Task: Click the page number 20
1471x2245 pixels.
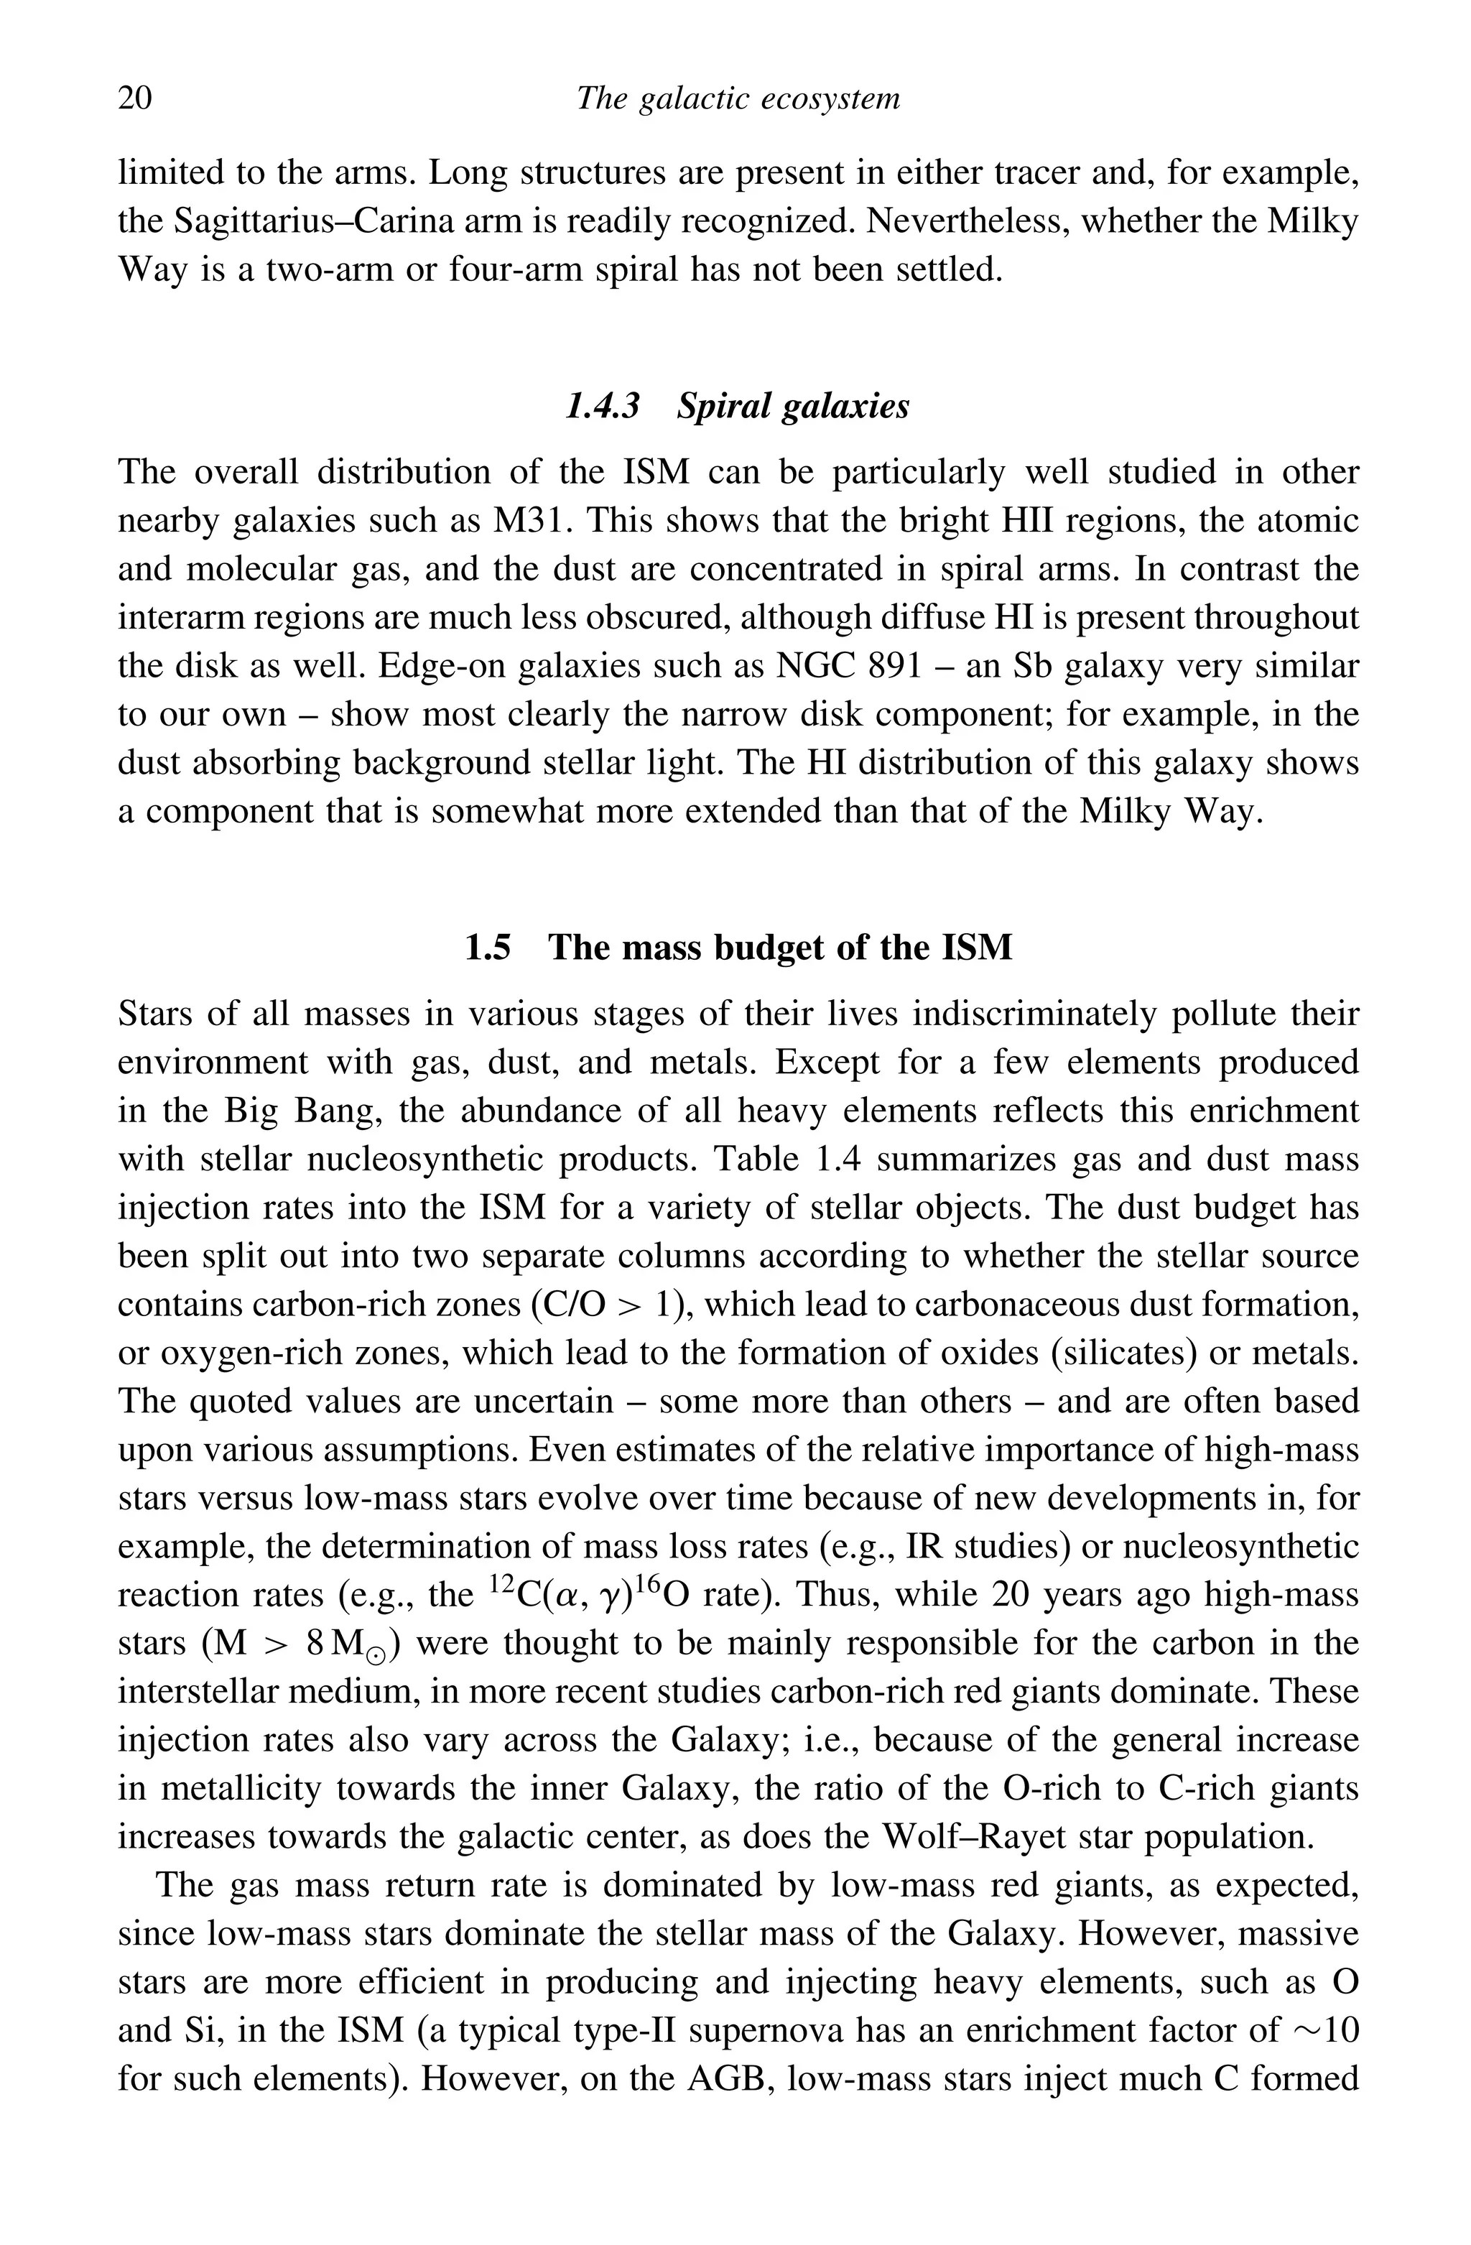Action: click(135, 98)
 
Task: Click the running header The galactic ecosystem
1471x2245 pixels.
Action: click(738, 98)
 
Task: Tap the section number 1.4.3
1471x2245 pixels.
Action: click(602, 407)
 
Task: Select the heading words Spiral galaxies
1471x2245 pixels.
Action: click(793, 407)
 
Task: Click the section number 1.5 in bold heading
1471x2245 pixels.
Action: click(488, 947)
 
